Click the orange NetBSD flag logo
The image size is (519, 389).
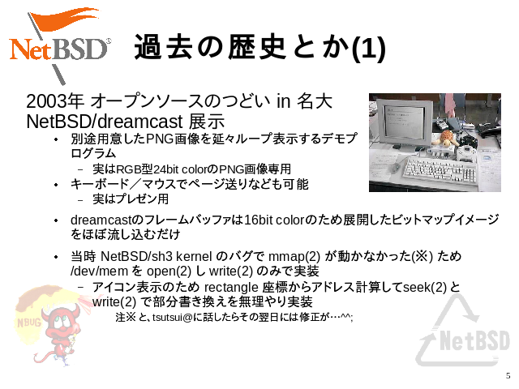tap(59, 45)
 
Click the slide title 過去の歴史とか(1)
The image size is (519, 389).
tap(260, 47)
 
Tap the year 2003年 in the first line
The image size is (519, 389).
tap(54, 100)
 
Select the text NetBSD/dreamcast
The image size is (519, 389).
tap(105, 122)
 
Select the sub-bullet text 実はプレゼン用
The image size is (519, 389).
tap(131, 199)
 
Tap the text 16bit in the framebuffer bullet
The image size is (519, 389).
tap(258, 220)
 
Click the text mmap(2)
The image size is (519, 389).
tap(294, 256)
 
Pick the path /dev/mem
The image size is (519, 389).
tap(99, 271)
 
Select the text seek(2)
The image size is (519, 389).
tap(425, 287)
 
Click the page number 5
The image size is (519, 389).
tap(508, 376)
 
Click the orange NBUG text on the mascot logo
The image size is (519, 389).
tap(29, 323)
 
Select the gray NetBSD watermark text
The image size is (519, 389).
tap(474, 340)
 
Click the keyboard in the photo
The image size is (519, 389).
tap(440, 169)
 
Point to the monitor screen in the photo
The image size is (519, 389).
tap(405, 122)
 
